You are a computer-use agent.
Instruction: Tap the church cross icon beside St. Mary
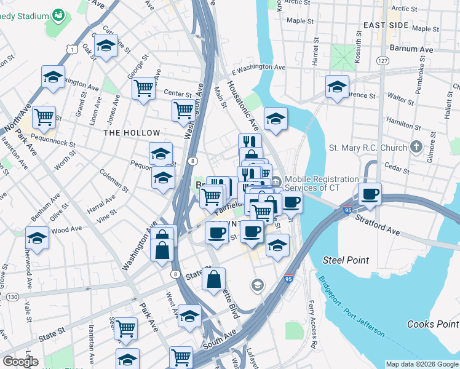point(416,147)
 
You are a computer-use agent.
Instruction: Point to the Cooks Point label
point(432,324)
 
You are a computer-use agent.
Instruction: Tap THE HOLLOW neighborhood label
point(132,133)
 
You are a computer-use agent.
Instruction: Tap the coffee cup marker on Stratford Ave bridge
point(370,195)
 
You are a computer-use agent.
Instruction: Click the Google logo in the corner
point(20,362)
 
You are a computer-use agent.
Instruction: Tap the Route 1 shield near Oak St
point(73,48)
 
